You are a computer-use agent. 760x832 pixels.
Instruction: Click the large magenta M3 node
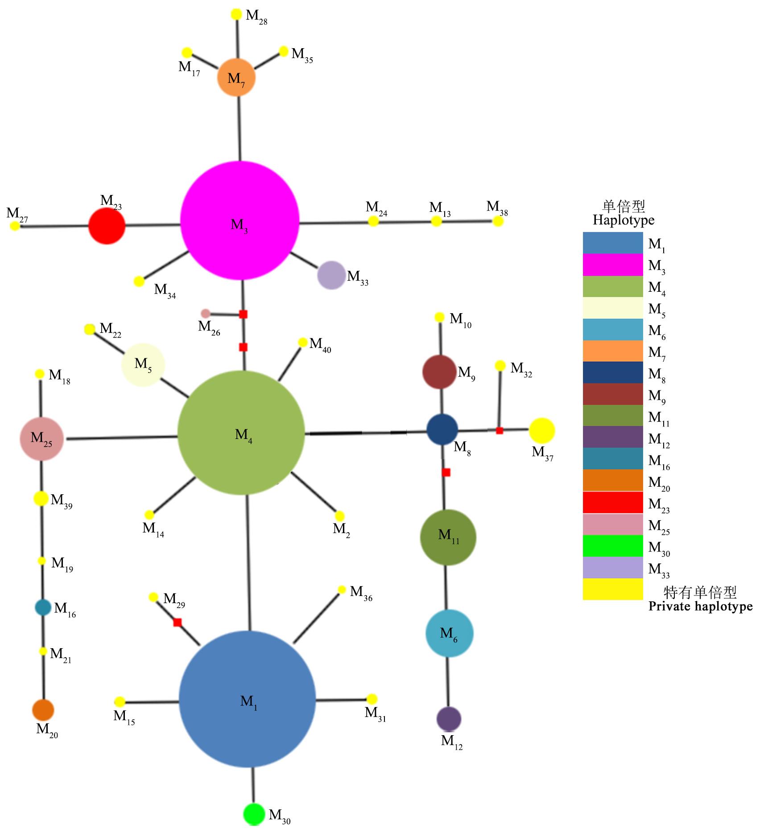(240, 220)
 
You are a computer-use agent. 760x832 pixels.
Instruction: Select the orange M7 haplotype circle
(236, 77)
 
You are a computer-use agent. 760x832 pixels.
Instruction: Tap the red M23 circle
(107, 226)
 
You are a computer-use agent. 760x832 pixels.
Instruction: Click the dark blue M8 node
(442, 429)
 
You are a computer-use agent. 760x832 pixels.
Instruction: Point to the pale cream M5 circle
(143, 364)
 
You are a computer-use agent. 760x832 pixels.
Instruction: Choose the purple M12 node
(448, 719)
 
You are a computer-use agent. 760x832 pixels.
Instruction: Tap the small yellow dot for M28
(236, 14)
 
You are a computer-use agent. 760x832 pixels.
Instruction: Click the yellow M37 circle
(542, 430)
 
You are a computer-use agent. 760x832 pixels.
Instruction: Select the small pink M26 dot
(205, 313)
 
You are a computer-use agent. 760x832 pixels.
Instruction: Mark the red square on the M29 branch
(178, 622)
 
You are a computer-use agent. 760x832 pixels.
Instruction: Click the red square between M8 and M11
(446, 472)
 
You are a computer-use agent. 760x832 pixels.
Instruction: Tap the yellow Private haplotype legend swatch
(612, 589)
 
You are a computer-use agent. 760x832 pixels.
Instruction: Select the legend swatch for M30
(612, 546)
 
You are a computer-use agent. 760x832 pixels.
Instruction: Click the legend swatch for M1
(612, 243)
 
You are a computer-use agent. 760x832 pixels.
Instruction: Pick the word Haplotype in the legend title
(623, 220)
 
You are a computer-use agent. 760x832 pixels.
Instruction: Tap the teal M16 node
(43, 607)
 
